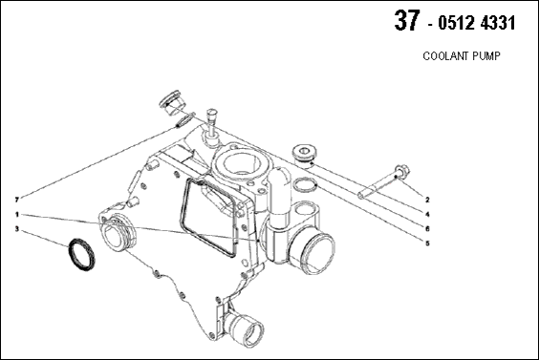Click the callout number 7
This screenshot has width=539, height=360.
(x=16, y=200)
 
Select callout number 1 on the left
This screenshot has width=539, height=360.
(x=16, y=214)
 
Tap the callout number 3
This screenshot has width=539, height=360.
(x=16, y=229)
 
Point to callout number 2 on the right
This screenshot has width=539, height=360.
(x=427, y=200)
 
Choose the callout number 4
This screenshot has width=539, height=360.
(x=427, y=214)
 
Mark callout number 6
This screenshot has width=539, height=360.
(x=427, y=229)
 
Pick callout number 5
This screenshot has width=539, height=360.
(x=427, y=244)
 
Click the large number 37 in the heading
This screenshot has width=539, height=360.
(x=407, y=21)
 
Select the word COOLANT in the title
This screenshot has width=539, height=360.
(x=441, y=56)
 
